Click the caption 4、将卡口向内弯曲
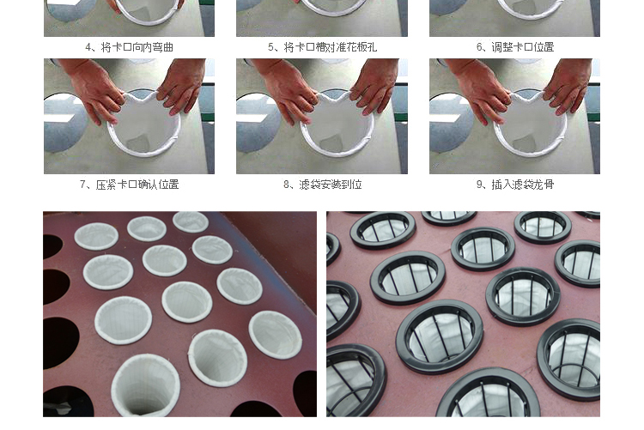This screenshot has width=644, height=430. click(129, 47)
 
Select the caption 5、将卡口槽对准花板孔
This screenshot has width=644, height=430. click(322, 47)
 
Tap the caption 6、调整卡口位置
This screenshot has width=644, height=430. click(514, 47)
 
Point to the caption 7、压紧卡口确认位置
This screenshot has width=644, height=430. click(129, 185)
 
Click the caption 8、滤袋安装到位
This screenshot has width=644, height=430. click(322, 185)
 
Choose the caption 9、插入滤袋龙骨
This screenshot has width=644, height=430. click(514, 185)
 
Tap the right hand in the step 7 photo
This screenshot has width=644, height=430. click(182, 87)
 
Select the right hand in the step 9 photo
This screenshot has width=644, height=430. click(568, 87)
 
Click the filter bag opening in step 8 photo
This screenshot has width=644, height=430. click(337, 124)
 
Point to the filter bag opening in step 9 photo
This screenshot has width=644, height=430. click(531, 124)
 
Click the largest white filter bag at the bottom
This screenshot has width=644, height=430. click(145, 385)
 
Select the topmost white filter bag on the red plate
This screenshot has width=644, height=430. click(191, 221)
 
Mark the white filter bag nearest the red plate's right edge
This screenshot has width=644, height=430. click(275, 335)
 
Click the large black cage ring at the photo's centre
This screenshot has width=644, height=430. click(440, 336)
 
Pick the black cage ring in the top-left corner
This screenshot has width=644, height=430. click(383, 230)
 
